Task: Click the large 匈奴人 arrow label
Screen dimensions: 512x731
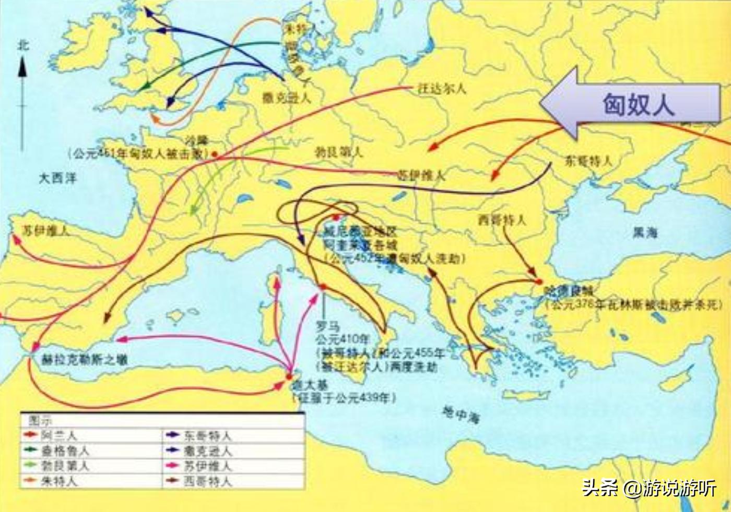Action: point(638,104)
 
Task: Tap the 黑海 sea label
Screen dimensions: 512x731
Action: point(645,233)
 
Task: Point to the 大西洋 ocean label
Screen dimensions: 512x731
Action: point(58,178)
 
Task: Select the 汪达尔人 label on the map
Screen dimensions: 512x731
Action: point(442,88)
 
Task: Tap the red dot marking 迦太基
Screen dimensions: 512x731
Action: point(289,375)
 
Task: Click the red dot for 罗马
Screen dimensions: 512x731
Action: point(323,287)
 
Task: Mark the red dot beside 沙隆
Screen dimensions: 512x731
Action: point(214,154)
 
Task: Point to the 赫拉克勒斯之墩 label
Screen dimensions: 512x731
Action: point(85,360)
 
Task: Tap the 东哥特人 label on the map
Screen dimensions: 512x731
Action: point(588,161)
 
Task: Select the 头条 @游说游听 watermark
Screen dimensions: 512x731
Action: point(649,489)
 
